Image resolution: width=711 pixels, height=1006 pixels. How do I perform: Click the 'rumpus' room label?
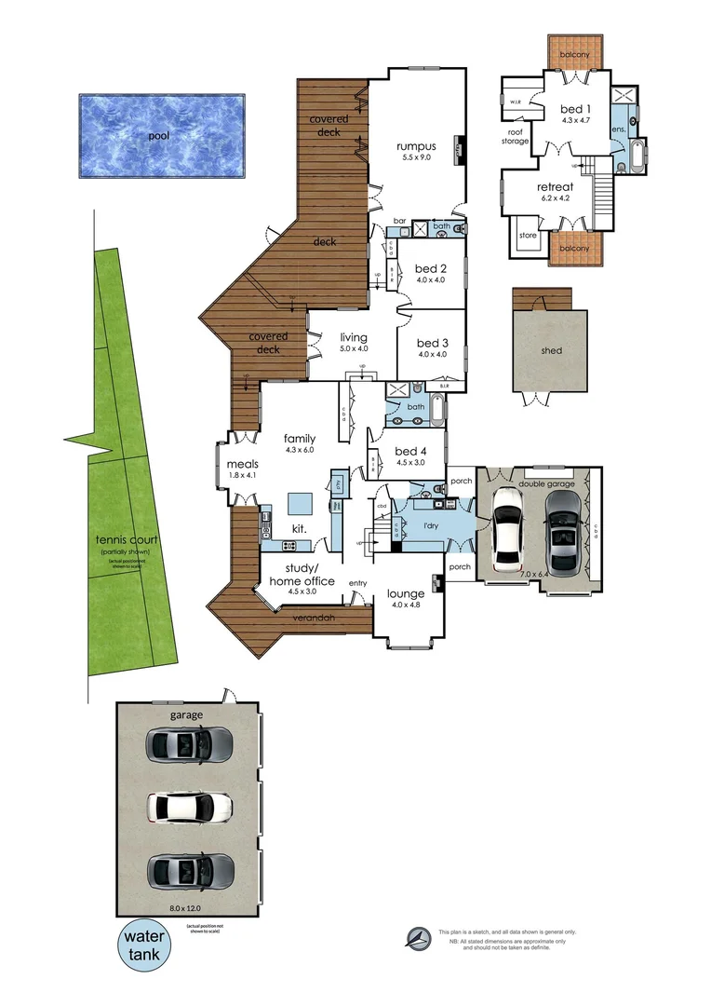pos(416,146)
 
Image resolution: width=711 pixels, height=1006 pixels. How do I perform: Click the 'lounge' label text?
pos(407,593)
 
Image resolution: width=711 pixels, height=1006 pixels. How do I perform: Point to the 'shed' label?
pos(551,351)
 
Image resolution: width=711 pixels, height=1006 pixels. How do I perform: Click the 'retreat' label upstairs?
pos(556,186)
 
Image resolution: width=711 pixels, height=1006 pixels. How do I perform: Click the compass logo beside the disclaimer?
pos(421,937)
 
